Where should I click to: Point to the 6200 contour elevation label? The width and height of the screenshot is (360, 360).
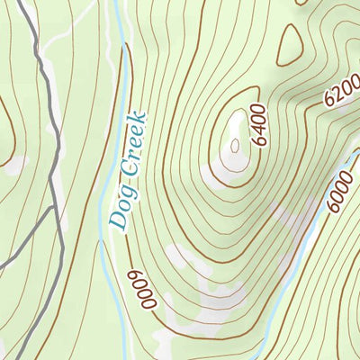(x=337, y=90)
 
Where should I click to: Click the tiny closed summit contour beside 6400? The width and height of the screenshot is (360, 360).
(x=235, y=145)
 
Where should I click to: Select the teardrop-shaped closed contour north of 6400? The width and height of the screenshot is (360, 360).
(x=289, y=45)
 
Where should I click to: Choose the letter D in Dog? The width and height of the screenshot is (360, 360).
(x=116, y=220)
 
